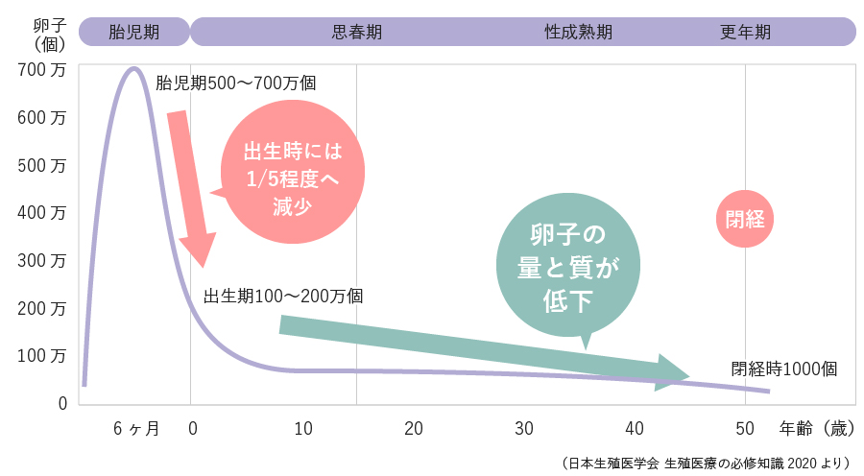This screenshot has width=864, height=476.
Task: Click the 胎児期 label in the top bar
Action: point(134,32)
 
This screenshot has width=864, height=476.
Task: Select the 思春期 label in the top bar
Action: point(356,32)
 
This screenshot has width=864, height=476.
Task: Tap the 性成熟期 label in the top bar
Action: point(578,32)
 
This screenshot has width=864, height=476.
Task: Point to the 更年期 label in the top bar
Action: point(745,32)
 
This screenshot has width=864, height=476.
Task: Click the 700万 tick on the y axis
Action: point(42,70)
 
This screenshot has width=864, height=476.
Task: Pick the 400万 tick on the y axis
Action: point(42,212)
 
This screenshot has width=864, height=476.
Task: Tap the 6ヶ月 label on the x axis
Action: point(136,429)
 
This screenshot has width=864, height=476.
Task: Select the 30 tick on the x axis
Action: point(523,429)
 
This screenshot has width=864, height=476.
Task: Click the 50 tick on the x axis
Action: point(745,429)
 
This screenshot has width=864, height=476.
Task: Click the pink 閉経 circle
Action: point(745,218)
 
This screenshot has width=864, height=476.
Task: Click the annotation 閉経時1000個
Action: point(784,369)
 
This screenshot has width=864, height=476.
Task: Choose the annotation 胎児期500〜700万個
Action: point(236,83)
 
